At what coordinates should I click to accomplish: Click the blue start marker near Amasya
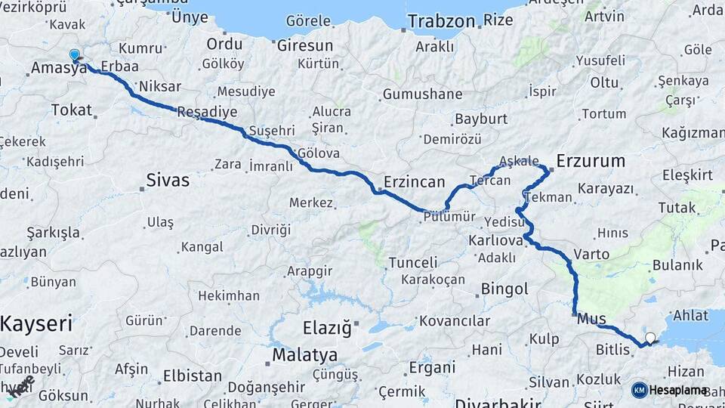pos(74,54)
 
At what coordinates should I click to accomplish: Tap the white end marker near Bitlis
pos(650,338)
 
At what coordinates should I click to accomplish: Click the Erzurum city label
pos(591,160)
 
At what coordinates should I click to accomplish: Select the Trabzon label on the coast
pos(442,21)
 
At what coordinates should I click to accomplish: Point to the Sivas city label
pos(167,181)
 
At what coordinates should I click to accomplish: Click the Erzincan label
pos(414,181)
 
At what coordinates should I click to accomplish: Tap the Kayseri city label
pos(36,324)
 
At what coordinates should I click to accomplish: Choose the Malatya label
pos(304,354)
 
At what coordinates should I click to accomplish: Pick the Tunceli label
pos(412,262)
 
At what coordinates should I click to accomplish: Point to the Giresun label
pos(304,45)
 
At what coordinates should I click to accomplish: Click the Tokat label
pos(71,110)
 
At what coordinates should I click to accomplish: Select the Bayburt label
pos(480,119)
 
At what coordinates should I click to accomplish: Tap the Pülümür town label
pos(449,216)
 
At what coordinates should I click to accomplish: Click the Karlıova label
pos(495,240)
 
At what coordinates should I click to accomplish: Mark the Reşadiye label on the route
pos(207,112)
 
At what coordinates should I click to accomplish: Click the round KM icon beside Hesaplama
pos(639,390)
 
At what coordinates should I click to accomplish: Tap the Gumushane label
pos(422,94)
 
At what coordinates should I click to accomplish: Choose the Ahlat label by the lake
pos(690,315)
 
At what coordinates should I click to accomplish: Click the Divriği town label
pos(270,229)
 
